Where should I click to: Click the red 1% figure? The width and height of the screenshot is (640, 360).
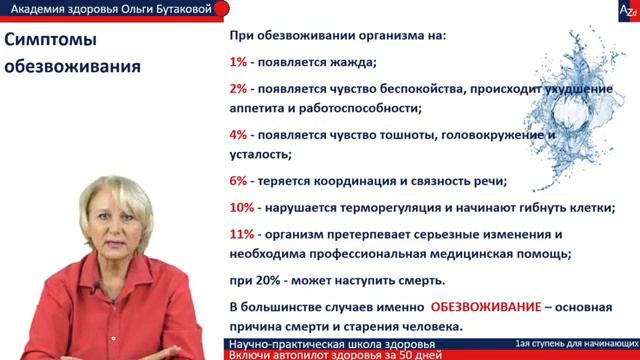point(239,62)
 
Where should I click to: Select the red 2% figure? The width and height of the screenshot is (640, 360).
point(239,88)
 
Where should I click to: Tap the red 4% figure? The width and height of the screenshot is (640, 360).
point(239,133)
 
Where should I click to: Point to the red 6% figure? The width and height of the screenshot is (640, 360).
point(239,181)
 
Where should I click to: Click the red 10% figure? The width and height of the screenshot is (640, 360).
point(242,208)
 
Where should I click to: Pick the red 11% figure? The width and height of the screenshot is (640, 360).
point(242,235)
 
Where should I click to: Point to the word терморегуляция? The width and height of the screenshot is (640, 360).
point(374,208)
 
